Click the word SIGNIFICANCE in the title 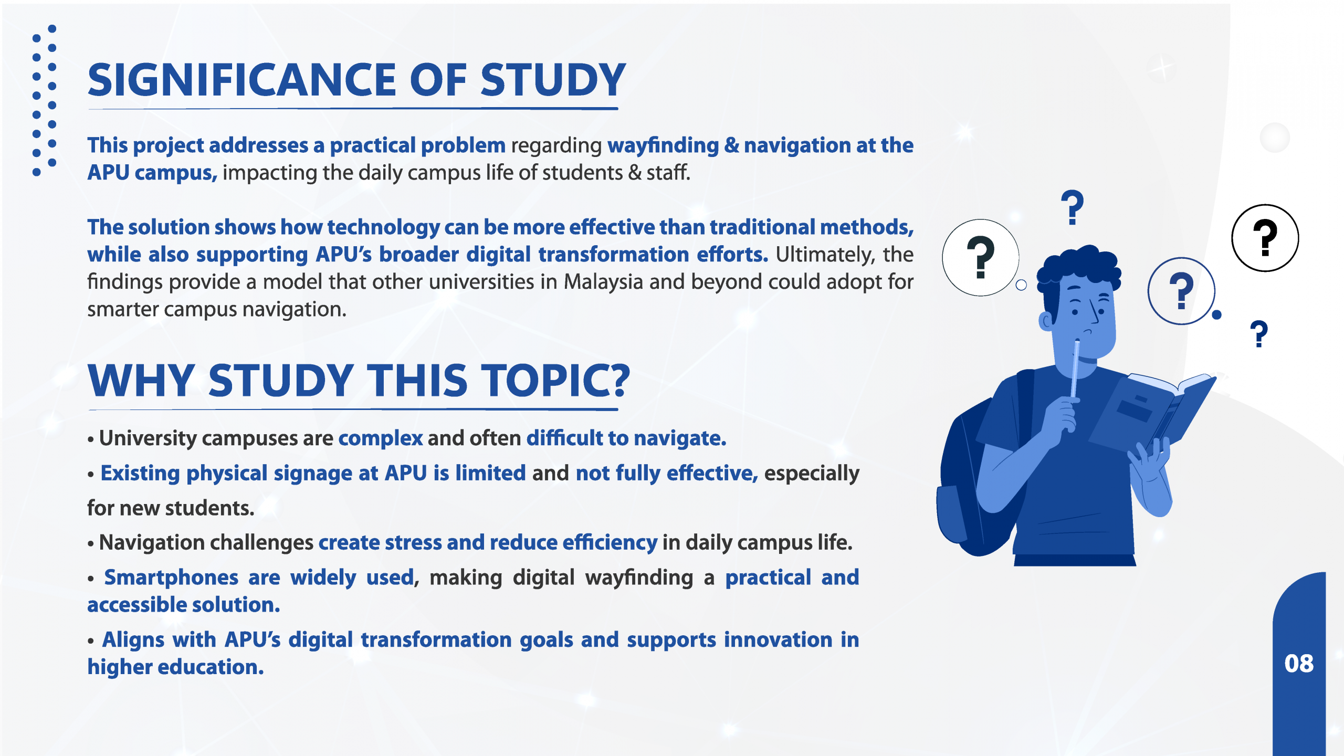coord(242,80)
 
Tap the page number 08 coord(1299,664)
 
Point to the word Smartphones coord(171,577)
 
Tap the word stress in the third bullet coord(413,542)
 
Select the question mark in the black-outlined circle coord(1265,238)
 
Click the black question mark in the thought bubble coord(981,257)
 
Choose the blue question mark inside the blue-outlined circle coord(1181,291)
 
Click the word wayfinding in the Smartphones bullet coord(639,578)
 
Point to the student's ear coord(1046,321)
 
